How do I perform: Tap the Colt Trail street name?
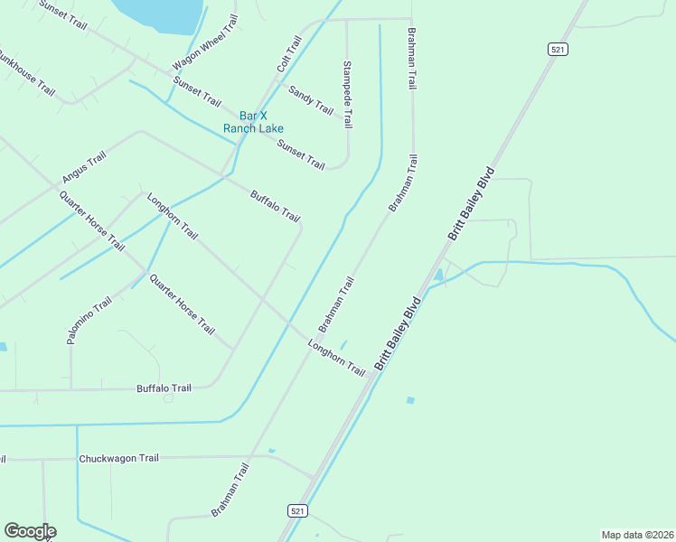289,54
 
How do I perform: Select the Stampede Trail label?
347,95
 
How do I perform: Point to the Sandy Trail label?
311,99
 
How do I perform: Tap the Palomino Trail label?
89,320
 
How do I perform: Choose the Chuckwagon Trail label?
118,458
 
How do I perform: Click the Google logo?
30,531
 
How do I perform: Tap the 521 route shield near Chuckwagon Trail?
298,510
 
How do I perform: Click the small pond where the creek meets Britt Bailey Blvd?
439,274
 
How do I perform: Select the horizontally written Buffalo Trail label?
164,388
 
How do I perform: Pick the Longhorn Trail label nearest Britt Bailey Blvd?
336,358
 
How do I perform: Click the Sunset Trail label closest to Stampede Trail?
301,154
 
